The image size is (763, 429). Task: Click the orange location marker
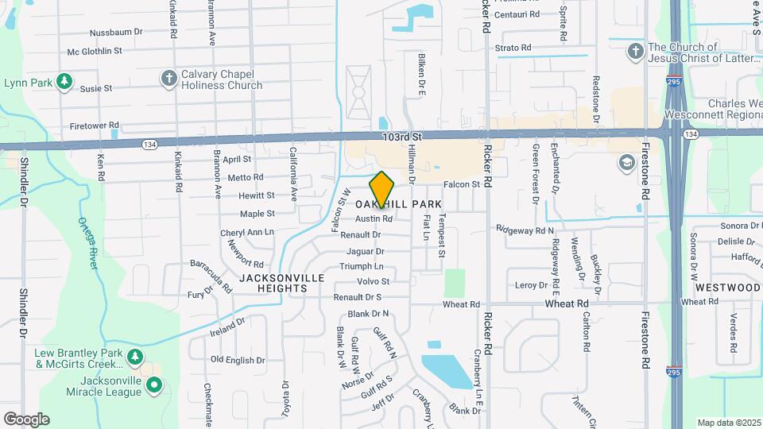tap(382, 190)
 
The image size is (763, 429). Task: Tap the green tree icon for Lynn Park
tap(64, 82)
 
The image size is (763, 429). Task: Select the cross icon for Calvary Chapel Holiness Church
tap(168, 78)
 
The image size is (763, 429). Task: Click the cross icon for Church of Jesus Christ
tap(634, 52)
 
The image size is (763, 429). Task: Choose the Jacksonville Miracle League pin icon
tap(155, 387)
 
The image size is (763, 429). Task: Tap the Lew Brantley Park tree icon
tap(136, 357)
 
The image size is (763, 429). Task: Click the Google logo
tap(26, 419)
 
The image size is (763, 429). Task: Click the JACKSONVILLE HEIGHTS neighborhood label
tap(281, 283)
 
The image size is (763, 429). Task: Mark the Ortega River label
tap(87, 243)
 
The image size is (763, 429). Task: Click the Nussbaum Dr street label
tap(116, 33)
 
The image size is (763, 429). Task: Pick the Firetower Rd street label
tap(94, 126)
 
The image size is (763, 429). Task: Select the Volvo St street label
tap(374, 281)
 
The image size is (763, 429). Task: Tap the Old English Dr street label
tap(238, 360)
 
